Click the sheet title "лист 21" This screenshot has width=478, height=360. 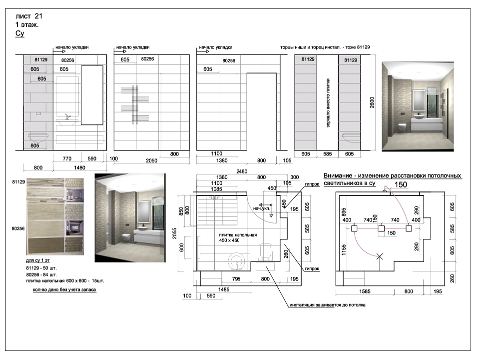[29, 16]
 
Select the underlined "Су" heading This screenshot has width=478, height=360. [20, 33]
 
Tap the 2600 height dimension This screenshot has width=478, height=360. [372, 102]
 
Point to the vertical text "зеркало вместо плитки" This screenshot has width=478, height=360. [328, 103]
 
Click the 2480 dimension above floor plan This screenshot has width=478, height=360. [242, 171]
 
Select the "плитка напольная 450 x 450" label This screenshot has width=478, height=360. [238, 237]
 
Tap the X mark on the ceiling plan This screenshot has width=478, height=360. [379, 256]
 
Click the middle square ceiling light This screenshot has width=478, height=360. [381, 228]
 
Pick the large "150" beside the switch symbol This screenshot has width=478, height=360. [401, 184]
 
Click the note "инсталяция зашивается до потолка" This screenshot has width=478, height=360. [327, 305]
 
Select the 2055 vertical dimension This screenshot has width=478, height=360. [175, 233]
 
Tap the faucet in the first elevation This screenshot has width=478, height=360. [67, 116]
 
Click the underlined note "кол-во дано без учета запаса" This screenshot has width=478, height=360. [64, 289]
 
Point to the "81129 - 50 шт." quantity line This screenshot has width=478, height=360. [41, 268]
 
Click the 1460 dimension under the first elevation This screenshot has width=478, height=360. [79, 167]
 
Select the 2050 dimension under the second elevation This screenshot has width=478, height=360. [151, 160]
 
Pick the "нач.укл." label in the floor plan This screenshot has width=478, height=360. [262, 208]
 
